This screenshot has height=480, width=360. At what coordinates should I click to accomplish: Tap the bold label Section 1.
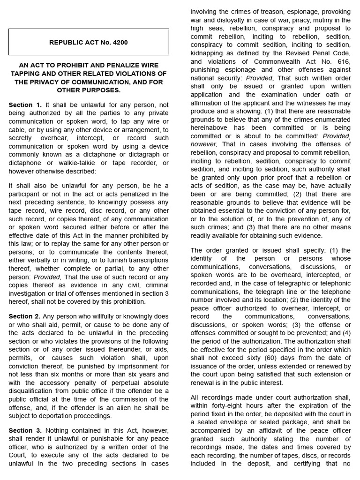[x=25, y=105]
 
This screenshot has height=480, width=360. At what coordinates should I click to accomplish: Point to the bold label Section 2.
[x=25, y=316]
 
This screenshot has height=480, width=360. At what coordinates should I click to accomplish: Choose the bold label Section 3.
[x=25, y=430]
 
